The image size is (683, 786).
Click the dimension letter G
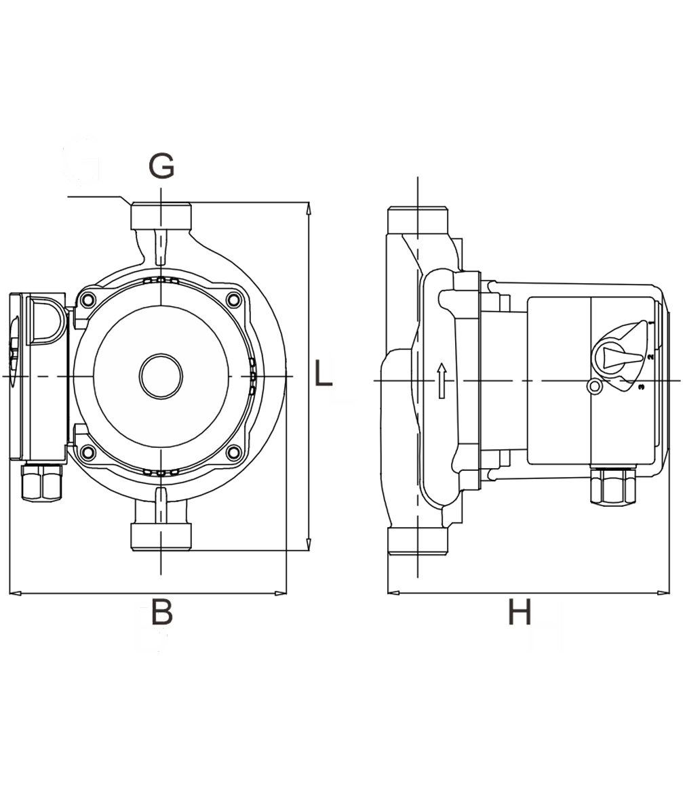point(161,166)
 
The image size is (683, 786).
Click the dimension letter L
point(323,373)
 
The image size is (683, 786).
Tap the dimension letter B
point(162,612)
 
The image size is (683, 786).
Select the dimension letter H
point(520,612)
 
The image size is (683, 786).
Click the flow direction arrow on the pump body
point(442,381)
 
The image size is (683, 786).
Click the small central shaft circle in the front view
point(161,377)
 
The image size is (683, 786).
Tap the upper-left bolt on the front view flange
point(88,300)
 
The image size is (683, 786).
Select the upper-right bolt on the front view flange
point(234,300)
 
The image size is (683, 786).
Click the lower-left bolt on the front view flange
point(88,453)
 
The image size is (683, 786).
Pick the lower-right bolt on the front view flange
point(234,453)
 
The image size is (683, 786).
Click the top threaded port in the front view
point(161,216)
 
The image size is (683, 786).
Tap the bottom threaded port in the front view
point(161,537)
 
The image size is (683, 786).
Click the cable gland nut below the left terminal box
point(42,482)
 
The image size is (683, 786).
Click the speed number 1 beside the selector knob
point(651,323)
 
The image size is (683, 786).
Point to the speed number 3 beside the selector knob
point(642,387)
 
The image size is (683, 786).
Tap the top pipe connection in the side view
point(418,220)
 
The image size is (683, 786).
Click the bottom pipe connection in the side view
point(418,540)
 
